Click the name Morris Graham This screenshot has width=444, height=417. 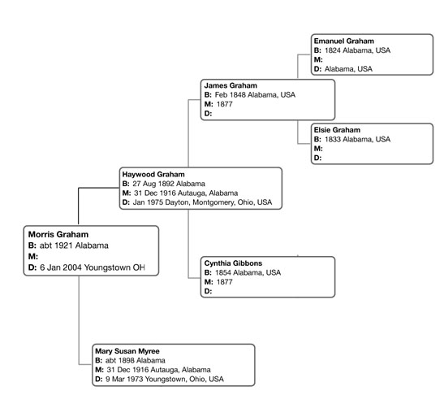pos(58,234)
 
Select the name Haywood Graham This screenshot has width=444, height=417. pos(153,174)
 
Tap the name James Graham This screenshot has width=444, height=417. pos(231,85)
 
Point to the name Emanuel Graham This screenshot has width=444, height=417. pos(344,41)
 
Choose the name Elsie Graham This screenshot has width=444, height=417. pos(337,130)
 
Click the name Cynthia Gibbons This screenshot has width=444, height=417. pos(233,263)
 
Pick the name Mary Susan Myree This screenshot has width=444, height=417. pos(127,351)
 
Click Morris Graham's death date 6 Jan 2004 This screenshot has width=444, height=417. pos(61,267)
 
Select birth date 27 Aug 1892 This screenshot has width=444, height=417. pos(153,184)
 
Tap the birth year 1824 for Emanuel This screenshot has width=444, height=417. pos(333,50)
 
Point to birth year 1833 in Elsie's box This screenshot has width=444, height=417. pos(333,139)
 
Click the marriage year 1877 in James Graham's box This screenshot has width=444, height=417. pos(225,104)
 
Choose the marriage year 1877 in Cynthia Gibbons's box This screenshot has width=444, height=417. pos(225,282)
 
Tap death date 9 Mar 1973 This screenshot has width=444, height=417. pos(124,379)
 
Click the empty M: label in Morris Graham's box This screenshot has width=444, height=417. pos(33,257)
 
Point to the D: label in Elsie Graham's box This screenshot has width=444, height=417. pos(317,158)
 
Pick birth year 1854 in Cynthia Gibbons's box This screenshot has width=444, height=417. pos(223,272)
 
